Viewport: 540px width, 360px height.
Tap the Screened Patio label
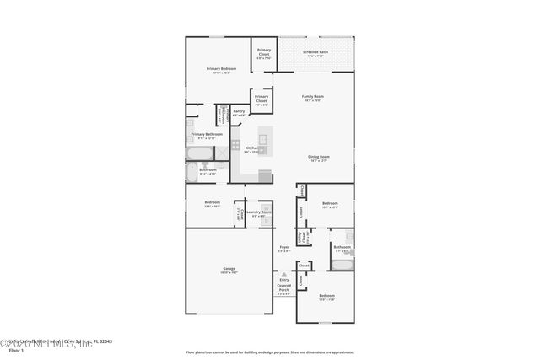[316, 53]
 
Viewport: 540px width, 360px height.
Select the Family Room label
[313, 97]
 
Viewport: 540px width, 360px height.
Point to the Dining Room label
[318, 158]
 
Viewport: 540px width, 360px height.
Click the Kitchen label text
[251, 148]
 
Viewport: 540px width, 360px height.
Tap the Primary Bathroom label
[207, 135]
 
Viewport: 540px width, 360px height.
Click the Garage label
[229, 271]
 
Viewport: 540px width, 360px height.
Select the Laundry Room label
[258, 212]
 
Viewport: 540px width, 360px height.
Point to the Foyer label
[285, 248]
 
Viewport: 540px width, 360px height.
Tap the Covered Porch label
[284, 289]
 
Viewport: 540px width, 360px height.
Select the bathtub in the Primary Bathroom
[201, 153]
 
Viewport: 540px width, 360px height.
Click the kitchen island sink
[262, 138]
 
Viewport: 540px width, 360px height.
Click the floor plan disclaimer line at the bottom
[270, 352]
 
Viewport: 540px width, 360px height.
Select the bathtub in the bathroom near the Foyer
[343, 264]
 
